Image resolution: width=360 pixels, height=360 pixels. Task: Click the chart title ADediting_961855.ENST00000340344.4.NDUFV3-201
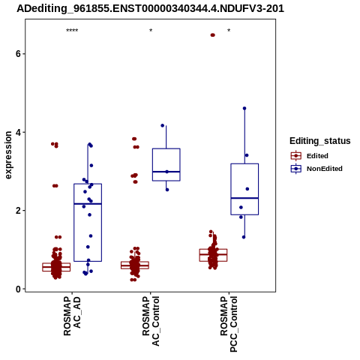click(x=150, y=8)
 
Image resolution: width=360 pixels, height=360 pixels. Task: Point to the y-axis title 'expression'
click(x=8, y=155)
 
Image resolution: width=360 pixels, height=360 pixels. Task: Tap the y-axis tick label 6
click(x=18, y=54)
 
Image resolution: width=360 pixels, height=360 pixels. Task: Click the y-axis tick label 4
click(x=18, y=132)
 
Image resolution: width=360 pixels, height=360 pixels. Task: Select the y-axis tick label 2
click(x=18, y=211)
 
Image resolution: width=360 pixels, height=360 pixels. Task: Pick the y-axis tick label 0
click(x=18, y=289)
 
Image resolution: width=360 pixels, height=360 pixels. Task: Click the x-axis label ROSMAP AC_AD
click(x=72, y=316)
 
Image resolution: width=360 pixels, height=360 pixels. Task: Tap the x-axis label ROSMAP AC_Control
click(x=151, y=321)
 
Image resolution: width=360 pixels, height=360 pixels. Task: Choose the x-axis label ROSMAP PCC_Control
click(x=229, y=324)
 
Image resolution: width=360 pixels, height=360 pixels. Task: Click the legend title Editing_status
click(x=320, y=141)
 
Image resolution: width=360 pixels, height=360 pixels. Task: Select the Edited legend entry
click(x=310, y=156)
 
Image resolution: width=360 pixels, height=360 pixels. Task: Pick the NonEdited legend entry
click(x=316, y=169)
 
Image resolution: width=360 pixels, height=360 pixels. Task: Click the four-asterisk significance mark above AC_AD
click(x=72, y=31)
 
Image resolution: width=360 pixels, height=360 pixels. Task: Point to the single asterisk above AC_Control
click(x=151, y=31)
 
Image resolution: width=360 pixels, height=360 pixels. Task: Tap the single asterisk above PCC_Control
click(x=229, y=31)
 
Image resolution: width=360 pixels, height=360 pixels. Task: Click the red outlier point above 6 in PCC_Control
click(x=212, y=35)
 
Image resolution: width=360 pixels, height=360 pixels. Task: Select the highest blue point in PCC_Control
click(x=244, y=108)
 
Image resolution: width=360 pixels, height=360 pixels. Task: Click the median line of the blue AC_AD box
click(x=88, y=204)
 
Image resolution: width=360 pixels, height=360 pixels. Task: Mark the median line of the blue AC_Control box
click(x=166, y=172)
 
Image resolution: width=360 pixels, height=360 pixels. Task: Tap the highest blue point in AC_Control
click(x=163, y=125)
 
